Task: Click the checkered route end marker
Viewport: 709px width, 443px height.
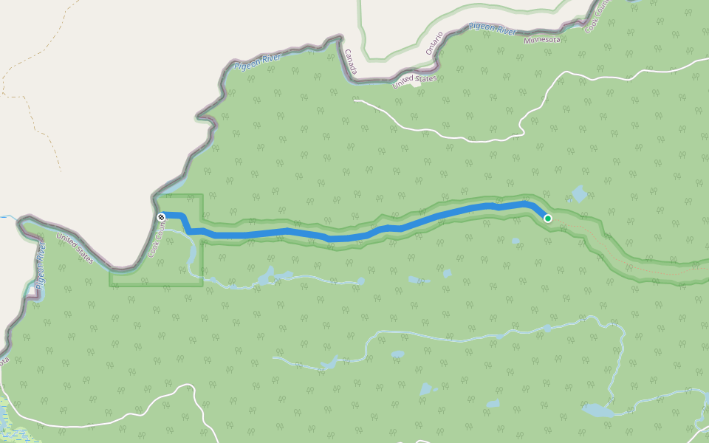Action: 161,216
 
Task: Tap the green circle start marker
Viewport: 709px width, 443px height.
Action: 548,219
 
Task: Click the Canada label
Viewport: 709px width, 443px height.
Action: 351,62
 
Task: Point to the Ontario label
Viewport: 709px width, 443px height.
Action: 434,43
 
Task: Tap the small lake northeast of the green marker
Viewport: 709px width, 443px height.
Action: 579,194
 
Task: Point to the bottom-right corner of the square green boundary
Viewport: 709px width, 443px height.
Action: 202,284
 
